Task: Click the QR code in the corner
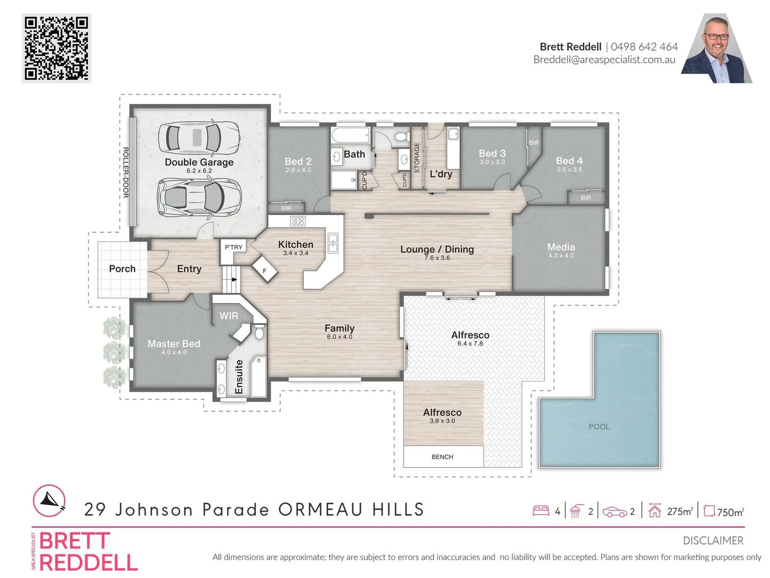click(x=56, y=48)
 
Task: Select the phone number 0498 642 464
click(x=644, y=47)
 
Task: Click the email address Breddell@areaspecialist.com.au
click(x=604, y=60)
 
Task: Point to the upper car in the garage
click(x=199, y=137)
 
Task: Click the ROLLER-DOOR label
click(x=126, y=172)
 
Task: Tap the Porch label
click(x=122, y=269)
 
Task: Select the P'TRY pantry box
click(x=234, y=247)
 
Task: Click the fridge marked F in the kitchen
click(x=265, y=271)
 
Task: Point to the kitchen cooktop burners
click(x=297, y=221)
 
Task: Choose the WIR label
click(x=228, y=316)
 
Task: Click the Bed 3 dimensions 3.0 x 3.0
click(x=492, y=162)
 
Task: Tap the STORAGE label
click(x=417, y=157)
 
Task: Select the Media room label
click(x=561, y=247)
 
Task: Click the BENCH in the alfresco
click(x=442, y=457)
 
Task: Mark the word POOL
click(x=599, y=427)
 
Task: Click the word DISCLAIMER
click(x=713, y=541)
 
